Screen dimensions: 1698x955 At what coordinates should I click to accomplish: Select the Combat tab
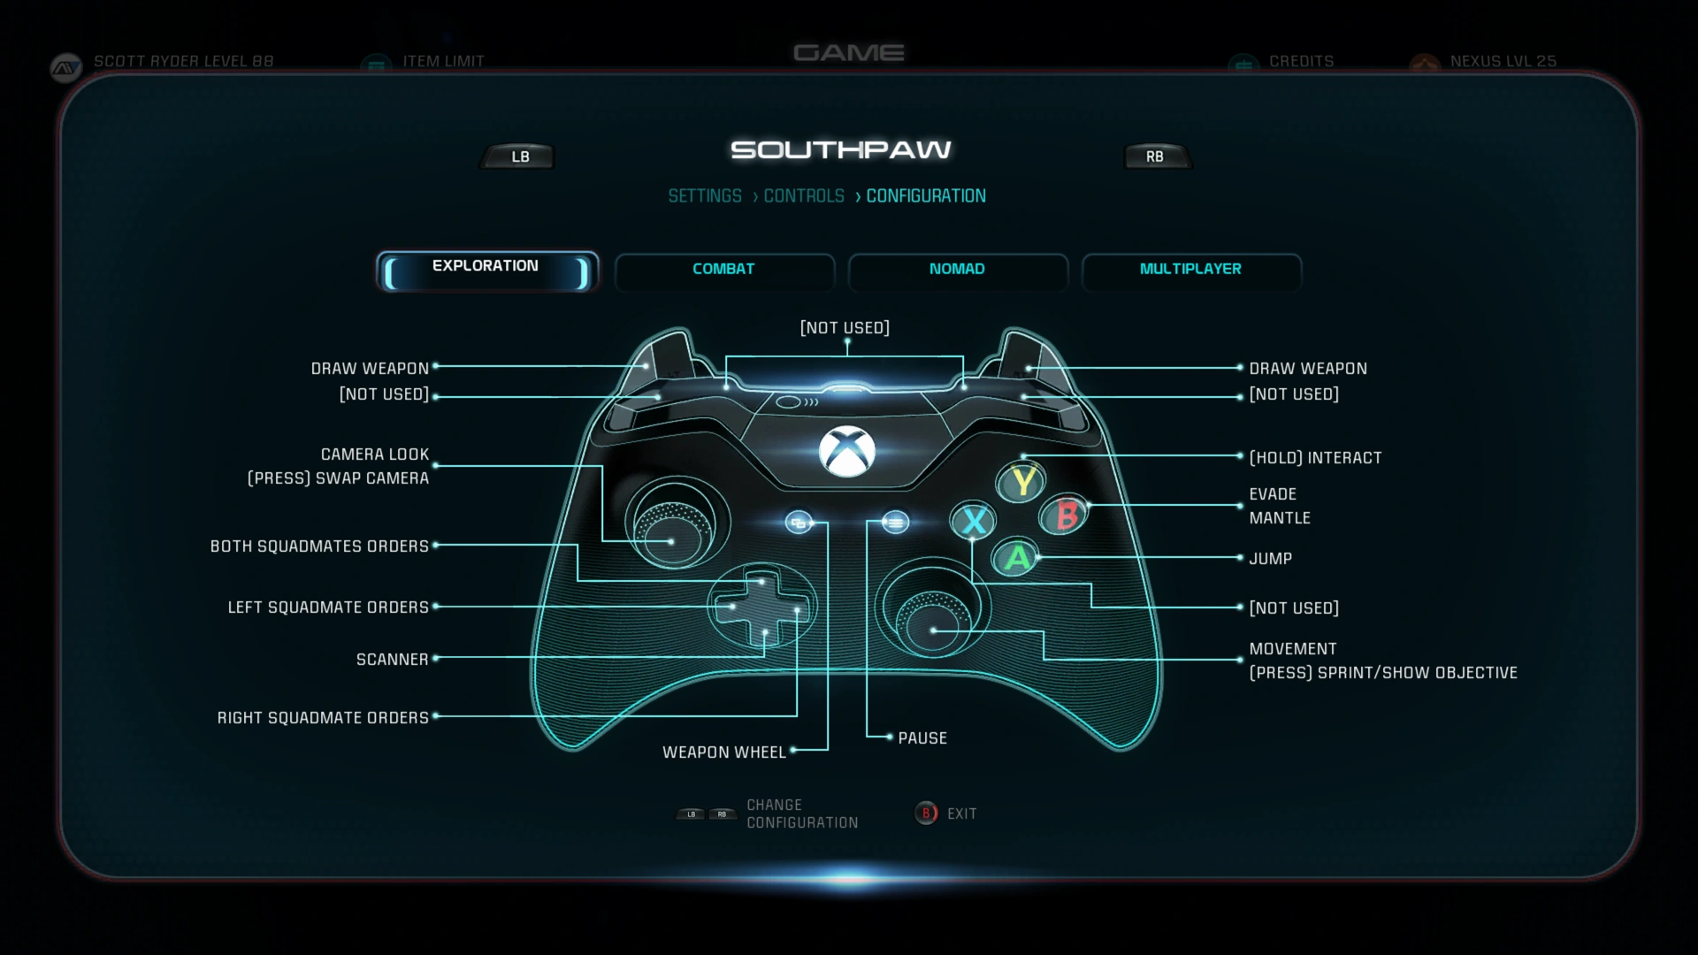pos(723,270)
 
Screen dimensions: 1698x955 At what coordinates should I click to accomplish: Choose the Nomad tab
pos(957,270)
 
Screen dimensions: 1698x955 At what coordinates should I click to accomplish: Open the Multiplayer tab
pos(1190,270)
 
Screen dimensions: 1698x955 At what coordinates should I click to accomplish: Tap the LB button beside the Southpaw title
pos(519,157)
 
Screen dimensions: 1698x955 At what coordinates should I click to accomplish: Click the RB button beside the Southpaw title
pos(1155,157)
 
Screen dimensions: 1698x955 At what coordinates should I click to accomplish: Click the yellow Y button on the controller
pos(1022,482)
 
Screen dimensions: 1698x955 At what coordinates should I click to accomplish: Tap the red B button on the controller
pos(1067,515)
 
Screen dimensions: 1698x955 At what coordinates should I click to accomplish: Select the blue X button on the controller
pos(974,521)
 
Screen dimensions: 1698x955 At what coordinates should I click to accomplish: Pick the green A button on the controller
pos(1017,558)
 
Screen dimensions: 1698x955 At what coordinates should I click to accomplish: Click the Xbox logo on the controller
pos(847,451)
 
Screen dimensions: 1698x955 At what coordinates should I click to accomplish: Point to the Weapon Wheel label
pos(724,753)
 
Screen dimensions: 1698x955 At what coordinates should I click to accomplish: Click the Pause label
pos(922,738)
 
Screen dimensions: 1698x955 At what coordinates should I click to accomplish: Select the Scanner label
pos(392,660)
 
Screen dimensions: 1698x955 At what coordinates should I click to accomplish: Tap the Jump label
pos(1270,559)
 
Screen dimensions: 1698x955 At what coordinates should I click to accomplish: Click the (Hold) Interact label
pos(1315,458)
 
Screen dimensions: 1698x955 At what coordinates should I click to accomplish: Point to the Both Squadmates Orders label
pos(319,546)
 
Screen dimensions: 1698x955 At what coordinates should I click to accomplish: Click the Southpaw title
pos(841,150)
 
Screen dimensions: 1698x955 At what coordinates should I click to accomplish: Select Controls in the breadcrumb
pos(804,196)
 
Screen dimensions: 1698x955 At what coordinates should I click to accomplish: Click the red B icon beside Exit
pos(926,814)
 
